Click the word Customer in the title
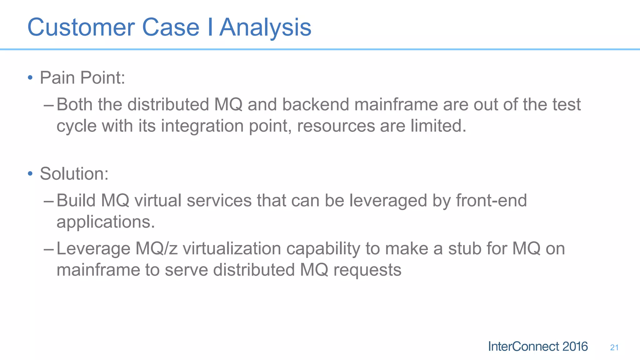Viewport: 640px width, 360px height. coord(81,27)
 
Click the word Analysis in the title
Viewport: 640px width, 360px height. coord(265,27)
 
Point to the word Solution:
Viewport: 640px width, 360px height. coord(74,174)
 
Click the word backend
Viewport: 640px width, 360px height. coord(316,104)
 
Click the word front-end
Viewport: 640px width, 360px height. coord(491,200)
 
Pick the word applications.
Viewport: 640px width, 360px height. coord(106,222)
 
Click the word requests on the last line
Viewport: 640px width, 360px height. coord(367,270)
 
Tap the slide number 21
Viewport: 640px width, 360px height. coord(614,347)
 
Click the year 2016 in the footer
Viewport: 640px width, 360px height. coord(575,347)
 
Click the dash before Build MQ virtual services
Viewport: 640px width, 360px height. coord(49,201)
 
